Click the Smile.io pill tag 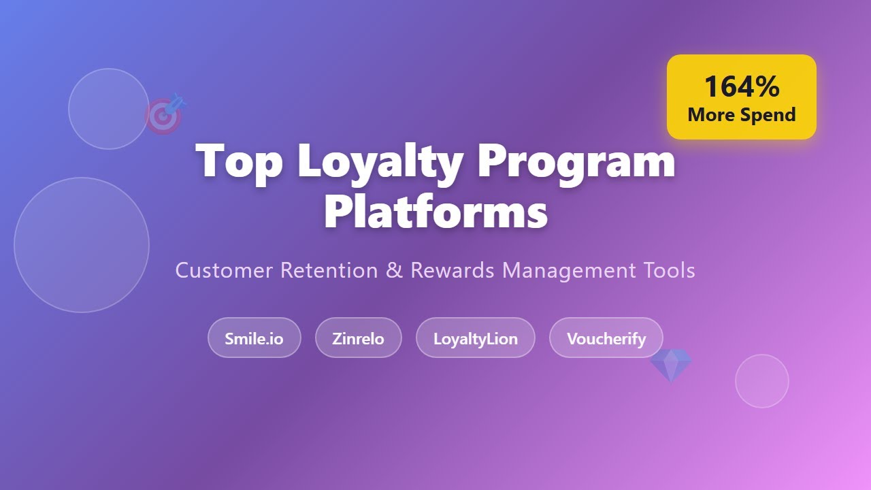[x=254, y=338]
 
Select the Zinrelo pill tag [x=358, y=338]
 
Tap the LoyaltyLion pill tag [x=475, y=338]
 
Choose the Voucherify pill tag [x=606, y=338]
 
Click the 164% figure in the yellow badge [x=741, y=87]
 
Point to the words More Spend [x=741, y=114]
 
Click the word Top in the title [x=238, y=161]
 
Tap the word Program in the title [x=576, y=161]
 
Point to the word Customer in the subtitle [x=224, y=270]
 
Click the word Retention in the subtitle [x=329, y=270]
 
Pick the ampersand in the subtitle [x=394, y=270]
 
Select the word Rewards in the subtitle [x=452, y=270]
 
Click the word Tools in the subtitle [x=669, y=270]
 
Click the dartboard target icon [x=165, y=115]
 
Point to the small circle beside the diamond [x=761, y=381]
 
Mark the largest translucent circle [x=82, y=245]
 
